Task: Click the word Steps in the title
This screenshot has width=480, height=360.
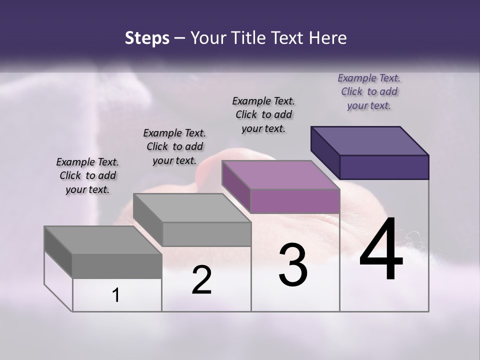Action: (x=147, y=38)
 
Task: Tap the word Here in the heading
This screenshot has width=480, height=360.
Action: (x=327, y=38)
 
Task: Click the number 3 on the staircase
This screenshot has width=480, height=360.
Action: (x=293, y=265)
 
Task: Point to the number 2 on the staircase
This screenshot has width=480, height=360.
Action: (x=201, y=280)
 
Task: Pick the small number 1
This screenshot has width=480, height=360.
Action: (x=116, y=295)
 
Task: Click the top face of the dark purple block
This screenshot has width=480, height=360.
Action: (x=369, y=140)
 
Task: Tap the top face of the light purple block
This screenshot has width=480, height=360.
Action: (x=280, y=175)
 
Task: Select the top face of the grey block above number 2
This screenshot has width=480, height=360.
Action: (x=192, y=208)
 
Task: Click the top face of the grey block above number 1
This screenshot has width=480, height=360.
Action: (x=103, y=240)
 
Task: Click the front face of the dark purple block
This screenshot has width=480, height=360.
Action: (x=384, y=167)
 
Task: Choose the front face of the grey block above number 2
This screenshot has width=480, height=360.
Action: (x=206, y=234)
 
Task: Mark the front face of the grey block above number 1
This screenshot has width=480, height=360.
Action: (x=117, y=265)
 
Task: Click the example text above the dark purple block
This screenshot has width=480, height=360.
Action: (x=369, y=91)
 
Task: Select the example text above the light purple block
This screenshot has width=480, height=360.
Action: (x=263, y=114)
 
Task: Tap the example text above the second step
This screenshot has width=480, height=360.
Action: (x=174, y=146)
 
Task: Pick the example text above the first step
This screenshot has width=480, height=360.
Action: (x=87, y=175)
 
